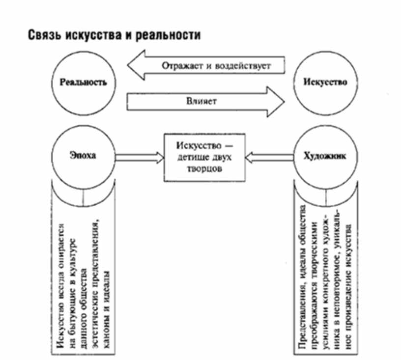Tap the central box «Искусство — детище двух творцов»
click(204, 158)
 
